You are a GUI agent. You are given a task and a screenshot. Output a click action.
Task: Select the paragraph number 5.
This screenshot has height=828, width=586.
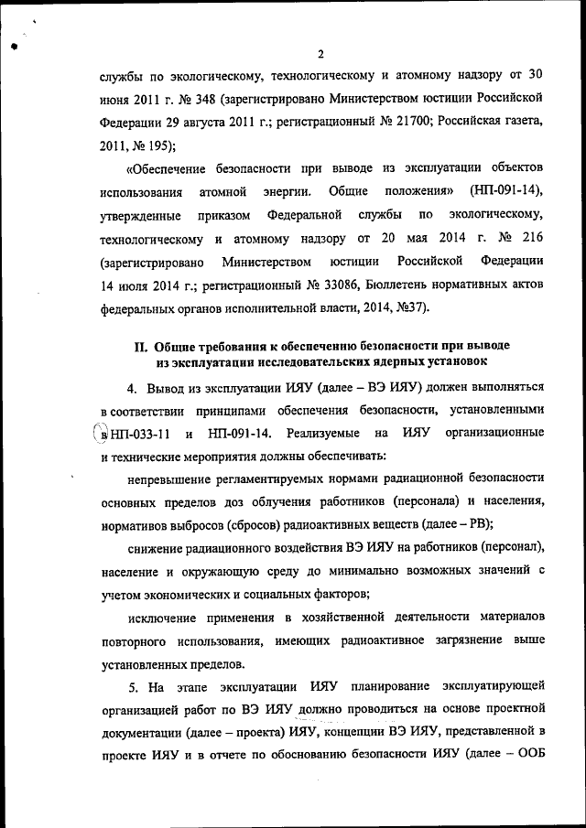coord(132,686)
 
